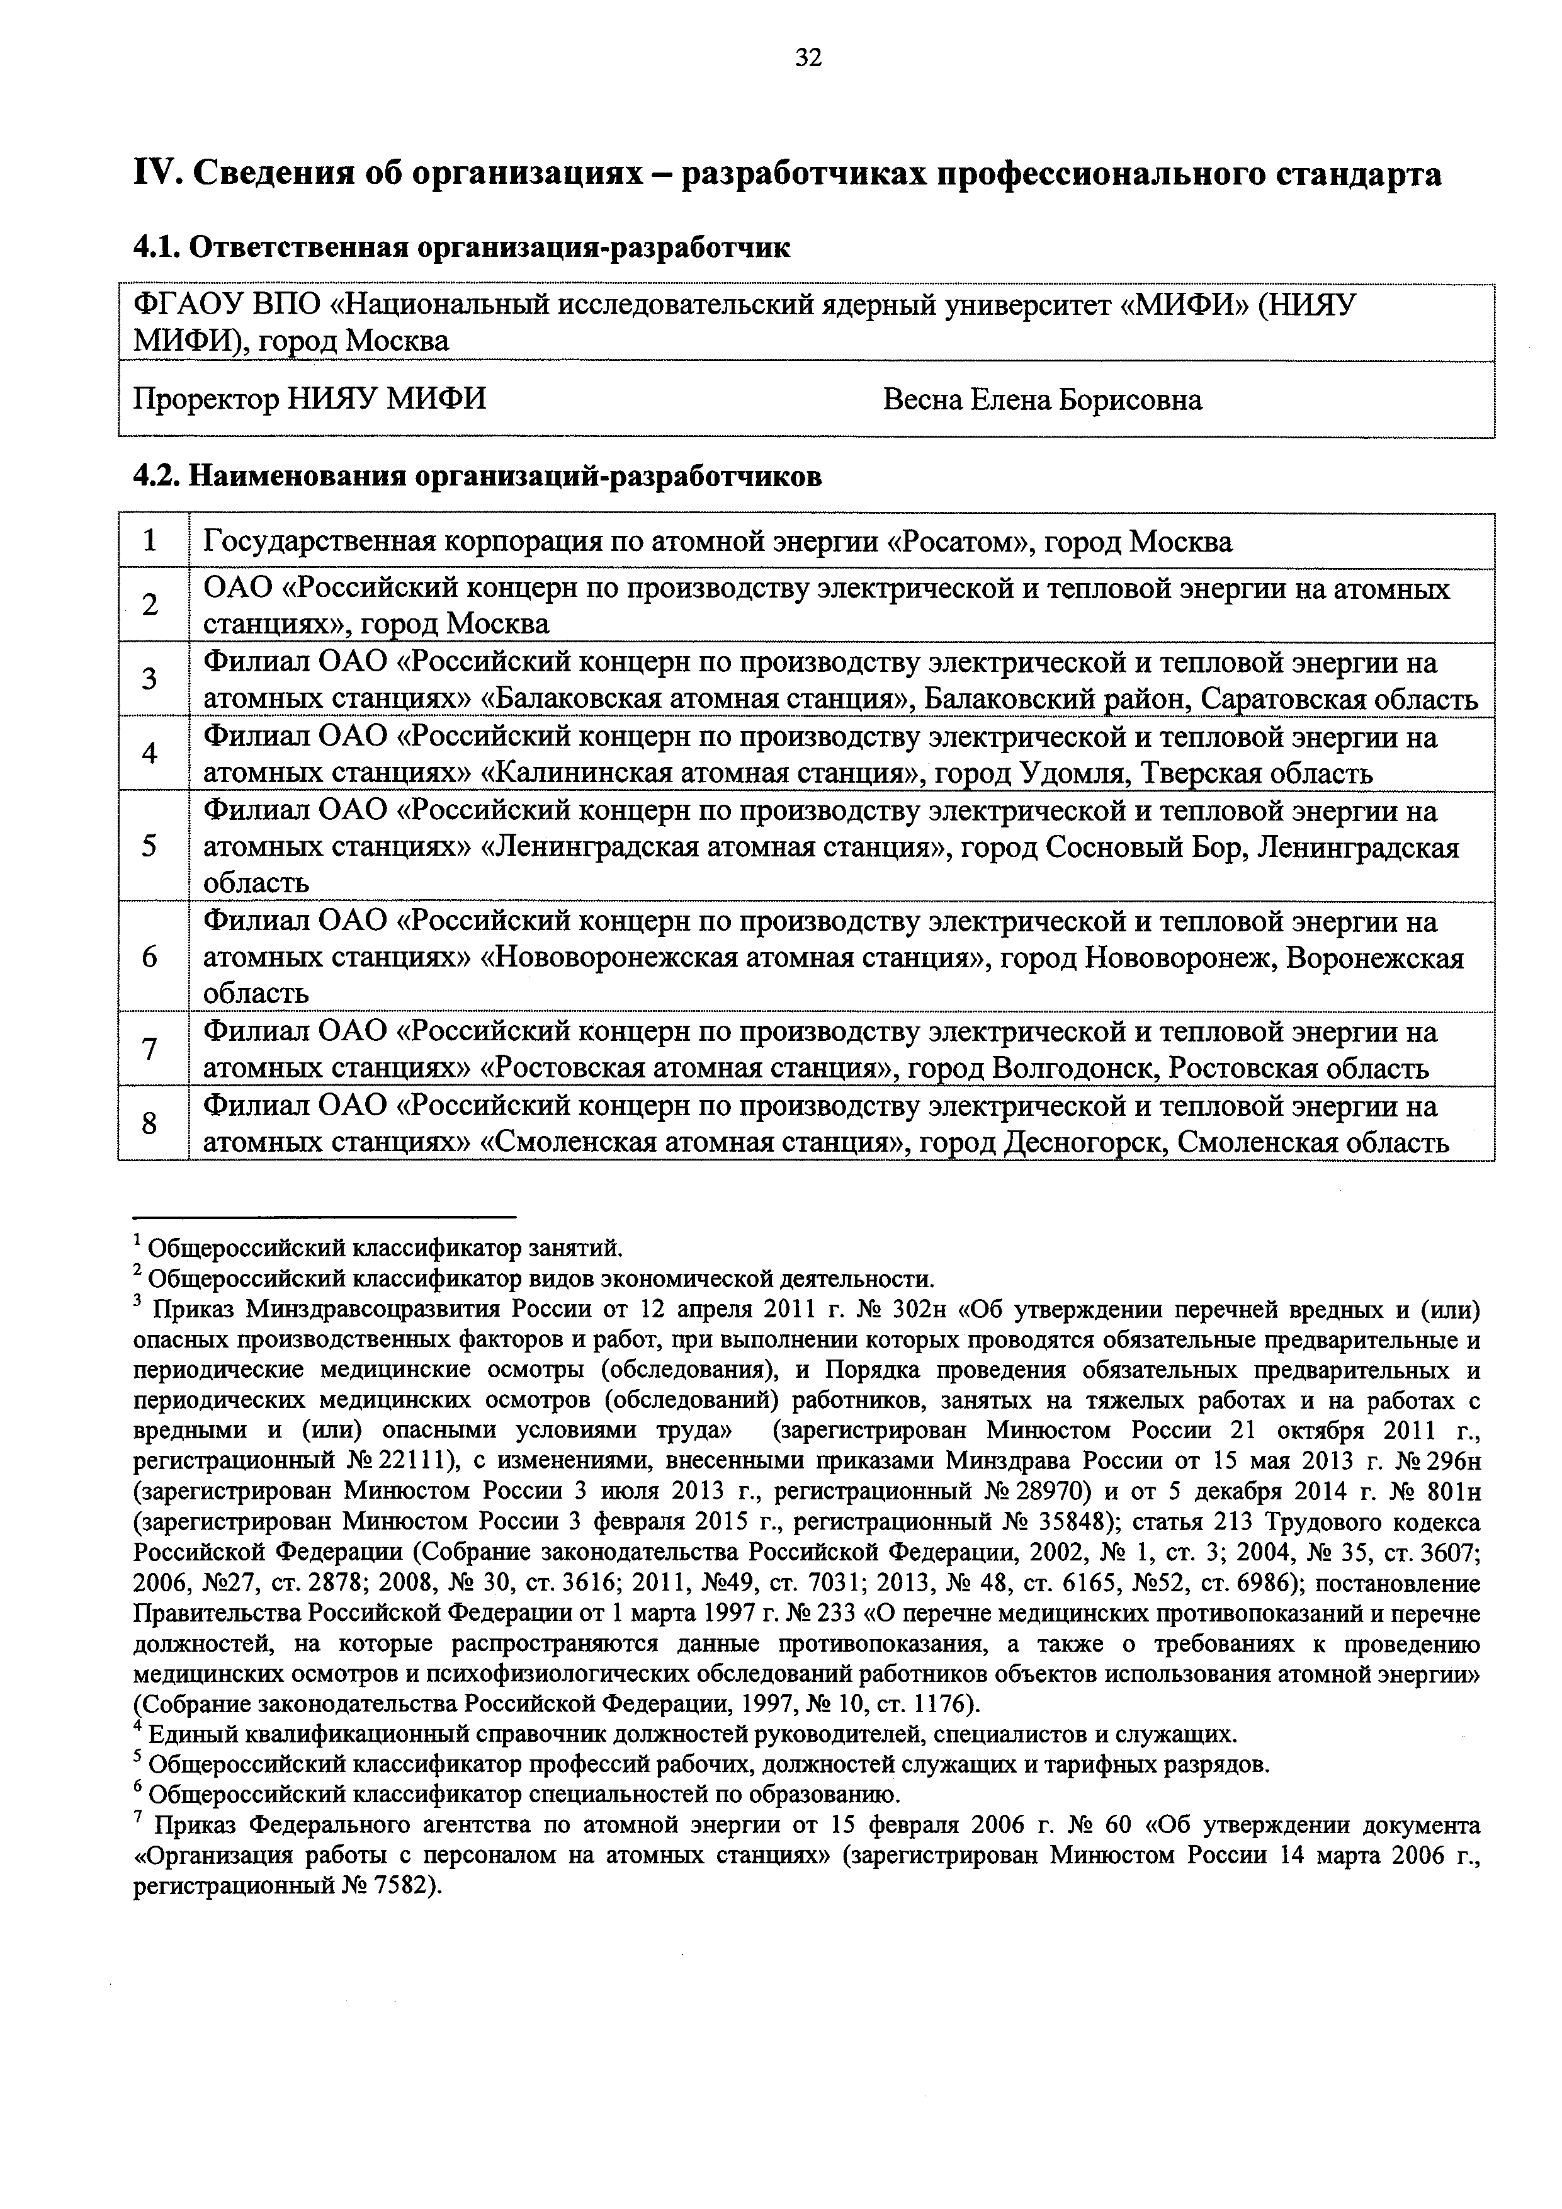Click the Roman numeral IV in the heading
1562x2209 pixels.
[153, 174]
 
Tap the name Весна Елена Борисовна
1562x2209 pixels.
[1042, 399]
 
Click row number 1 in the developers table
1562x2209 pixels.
[150, 542]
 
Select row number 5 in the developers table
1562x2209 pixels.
[150, 847]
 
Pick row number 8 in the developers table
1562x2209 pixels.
[150, 1123]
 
